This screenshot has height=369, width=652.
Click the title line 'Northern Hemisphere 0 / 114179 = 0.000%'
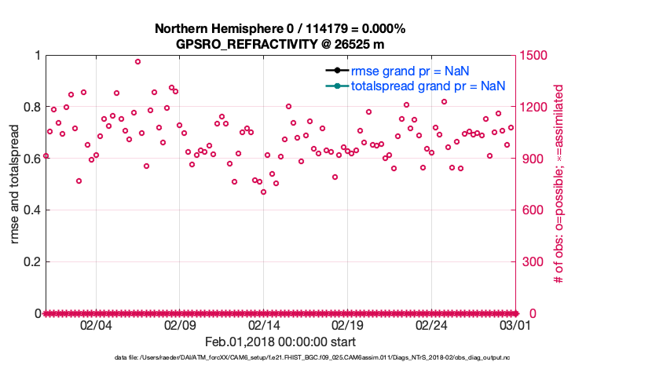[x=280, y=29]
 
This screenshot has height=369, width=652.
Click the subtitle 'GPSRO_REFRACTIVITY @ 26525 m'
[x=280, y=44]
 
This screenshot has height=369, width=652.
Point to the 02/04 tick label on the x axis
[x=96, y=325]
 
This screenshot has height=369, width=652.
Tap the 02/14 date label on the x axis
[x=264, y=325]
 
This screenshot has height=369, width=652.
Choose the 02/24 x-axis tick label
[x=431, y=325]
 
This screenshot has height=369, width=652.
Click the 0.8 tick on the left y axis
[x=32, y=107]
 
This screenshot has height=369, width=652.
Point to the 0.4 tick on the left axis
[x=32, y=210]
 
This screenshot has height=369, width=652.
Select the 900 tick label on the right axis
[x=530, y=159]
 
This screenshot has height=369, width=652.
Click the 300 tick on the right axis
[x=530, y=261]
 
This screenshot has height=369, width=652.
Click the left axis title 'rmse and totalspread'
[x=16, y=184]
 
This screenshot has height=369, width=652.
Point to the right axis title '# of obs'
[x=559, y=184]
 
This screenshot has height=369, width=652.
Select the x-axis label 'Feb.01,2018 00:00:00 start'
[x=280, y=342]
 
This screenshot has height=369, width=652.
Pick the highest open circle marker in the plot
[x=137, y=61]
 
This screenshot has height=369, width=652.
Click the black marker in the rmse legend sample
[x=335, y=71]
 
